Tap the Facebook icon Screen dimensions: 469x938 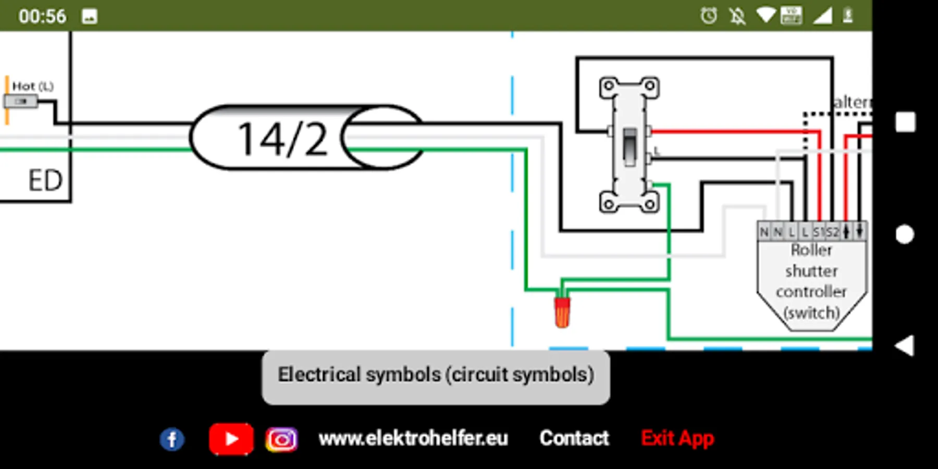click(x=172, y=439)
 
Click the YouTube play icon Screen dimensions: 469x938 click(x=231, y=439)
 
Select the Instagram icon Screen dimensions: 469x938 click(x=281, y=439)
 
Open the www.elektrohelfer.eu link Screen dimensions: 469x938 click(x=413, y=438)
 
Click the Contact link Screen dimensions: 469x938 click(x=574, y=438)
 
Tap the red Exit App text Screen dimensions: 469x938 click(x=677, y=438)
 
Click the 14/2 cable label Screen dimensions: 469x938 click(x=283, y=139)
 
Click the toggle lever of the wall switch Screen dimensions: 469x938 click(x=630, y=146)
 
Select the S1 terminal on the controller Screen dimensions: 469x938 click(x=819, y=232)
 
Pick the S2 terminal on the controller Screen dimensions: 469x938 click(x=833, y=232)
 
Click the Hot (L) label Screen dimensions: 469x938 click(x=32, y=87)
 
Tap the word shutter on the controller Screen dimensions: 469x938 click(x=811, y=271)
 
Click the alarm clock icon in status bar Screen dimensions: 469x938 click(x=709, y=16)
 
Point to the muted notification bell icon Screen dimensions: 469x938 click(x=737, y=16)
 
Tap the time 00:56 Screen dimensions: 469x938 click(x=43, y=16)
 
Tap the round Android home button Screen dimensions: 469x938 click(x=905, y=234)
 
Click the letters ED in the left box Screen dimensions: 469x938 click(x=45, y=181)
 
